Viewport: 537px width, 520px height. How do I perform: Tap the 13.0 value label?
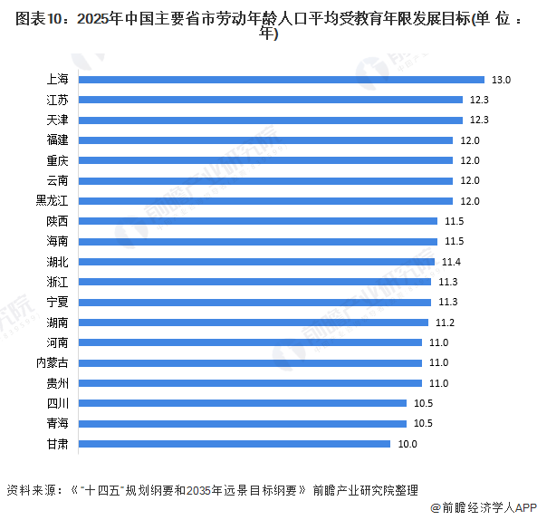point(503,80)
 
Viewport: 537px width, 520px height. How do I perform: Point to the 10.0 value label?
point(408,444)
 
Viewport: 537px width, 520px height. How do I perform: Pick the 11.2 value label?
point(445,323)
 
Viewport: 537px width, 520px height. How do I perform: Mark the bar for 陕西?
point(258,221)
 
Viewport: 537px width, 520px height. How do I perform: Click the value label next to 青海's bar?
point(423,423)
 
